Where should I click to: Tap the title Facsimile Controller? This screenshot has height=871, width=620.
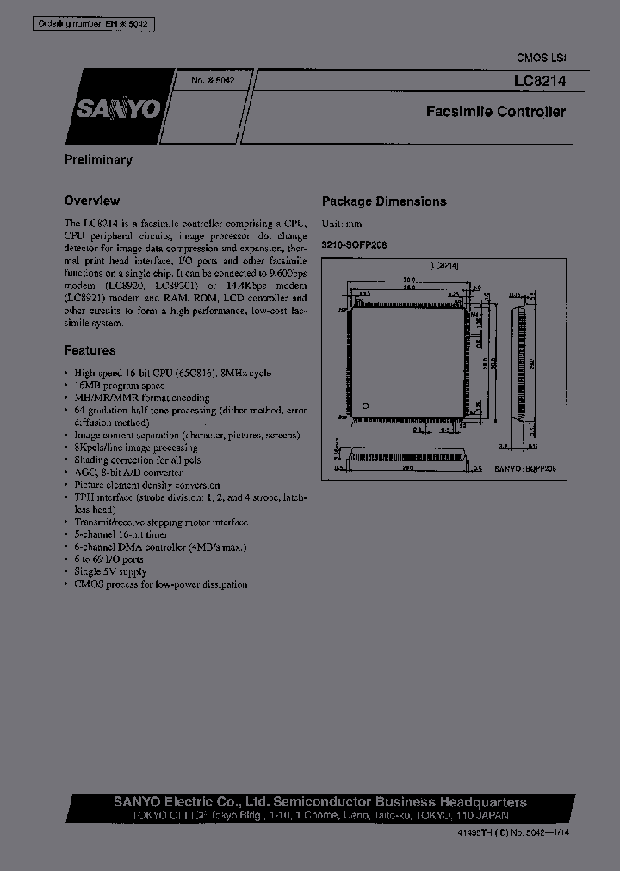click(496, 112)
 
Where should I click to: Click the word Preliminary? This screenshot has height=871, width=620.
click(98, 159)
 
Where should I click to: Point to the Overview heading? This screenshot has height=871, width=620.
click(91, 201)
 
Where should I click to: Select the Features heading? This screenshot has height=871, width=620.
click(90, 350)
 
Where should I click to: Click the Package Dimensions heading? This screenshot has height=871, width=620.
click(384, 201)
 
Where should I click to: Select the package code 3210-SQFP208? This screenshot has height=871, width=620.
click(354, 244)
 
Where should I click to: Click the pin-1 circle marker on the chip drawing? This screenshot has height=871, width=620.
click(365, 405)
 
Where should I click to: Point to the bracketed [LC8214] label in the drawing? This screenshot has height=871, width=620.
click(443, 266)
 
